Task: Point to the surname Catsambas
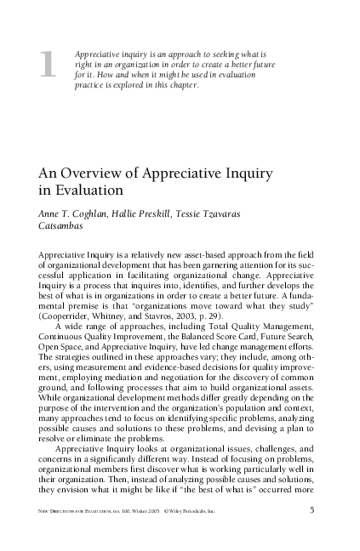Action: click(x=67, y=225)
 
